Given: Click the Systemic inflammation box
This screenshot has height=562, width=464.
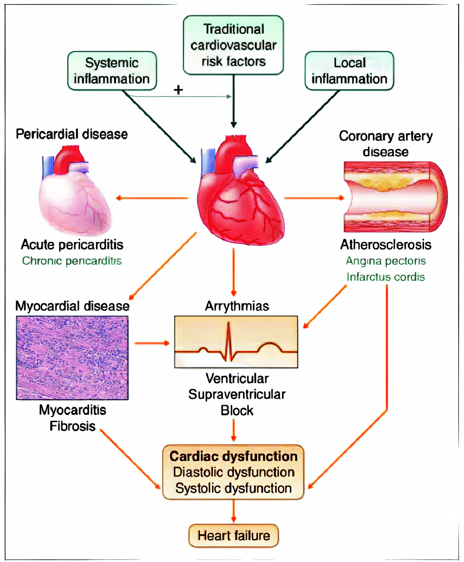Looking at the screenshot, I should pos(112,71).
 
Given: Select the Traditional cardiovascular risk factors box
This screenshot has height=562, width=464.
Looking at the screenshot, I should pos(233,45).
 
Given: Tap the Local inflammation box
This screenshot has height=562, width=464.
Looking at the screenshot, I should pos(349,71).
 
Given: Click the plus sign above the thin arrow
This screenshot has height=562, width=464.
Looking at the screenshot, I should pos(178,90).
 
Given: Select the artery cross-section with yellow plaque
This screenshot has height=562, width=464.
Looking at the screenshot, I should pos(394,197).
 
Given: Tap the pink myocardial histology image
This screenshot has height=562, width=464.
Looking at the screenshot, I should pos(72,358).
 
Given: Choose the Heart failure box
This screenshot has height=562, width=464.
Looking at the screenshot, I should pos(234,535).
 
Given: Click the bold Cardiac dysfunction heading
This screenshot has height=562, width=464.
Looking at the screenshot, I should pos(234,456).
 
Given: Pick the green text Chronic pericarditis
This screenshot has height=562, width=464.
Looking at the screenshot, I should pos(72,261).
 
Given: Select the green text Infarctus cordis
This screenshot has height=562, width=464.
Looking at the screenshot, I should pos(386,277).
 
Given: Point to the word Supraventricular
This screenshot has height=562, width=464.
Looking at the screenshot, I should pos(237,394).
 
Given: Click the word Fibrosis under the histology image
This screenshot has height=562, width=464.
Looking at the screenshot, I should pos(72,426).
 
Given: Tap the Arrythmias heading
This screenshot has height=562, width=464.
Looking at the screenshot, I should pos(237,306).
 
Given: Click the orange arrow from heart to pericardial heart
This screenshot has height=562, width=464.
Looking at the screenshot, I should pos(152,198).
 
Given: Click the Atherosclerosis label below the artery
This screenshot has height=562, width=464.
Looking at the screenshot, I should pos(386,244).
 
